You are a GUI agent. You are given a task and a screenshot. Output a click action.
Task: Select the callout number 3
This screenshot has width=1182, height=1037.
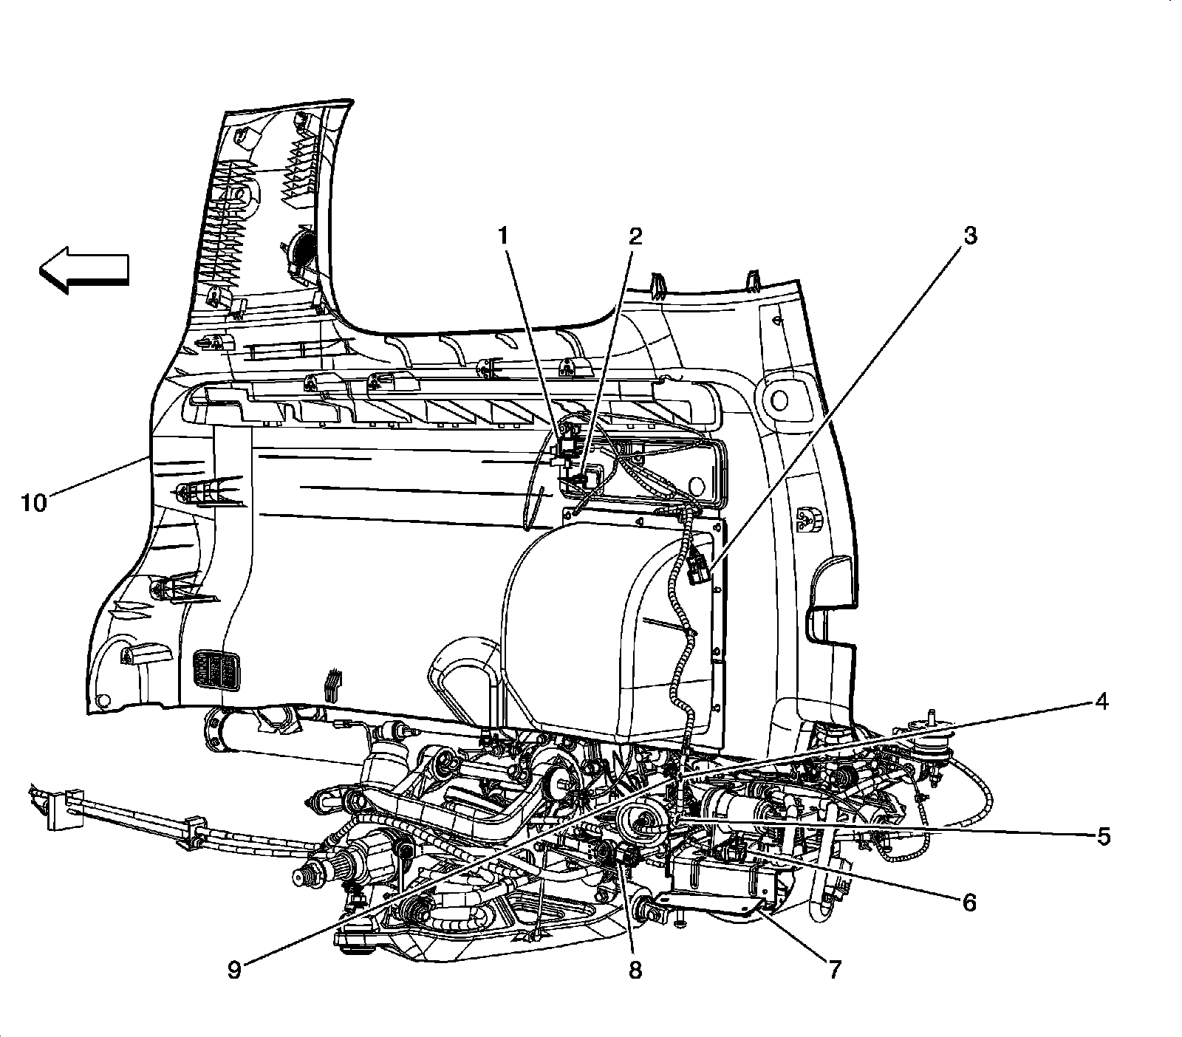(969, 236)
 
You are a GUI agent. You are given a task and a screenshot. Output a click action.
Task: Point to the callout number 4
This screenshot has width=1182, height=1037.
(1101, 702)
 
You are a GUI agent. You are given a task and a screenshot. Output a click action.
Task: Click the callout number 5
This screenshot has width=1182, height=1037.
(1103, 837)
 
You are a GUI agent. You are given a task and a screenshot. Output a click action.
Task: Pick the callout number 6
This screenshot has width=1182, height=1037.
(969, 902)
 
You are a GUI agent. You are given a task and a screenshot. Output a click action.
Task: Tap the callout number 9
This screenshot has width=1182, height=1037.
(234, 970)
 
